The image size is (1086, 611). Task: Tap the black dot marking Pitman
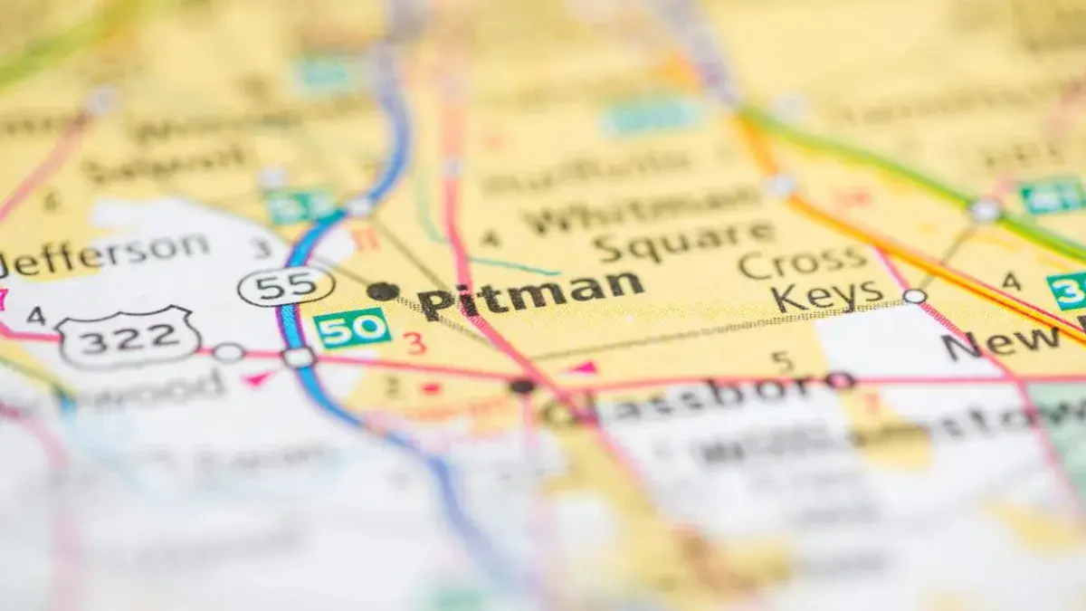[382, 291]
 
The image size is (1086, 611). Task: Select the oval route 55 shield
[286, 287]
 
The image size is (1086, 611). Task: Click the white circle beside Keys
[914, 296]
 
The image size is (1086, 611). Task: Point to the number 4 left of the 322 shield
[35, 316]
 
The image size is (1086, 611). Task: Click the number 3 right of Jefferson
[262, 248]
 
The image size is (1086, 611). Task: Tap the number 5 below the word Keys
[782, 362]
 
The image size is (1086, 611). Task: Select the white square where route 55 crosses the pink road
[298, 357]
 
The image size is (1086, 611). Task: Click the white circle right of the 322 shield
[228, 352]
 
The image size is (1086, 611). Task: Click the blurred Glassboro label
[697, 398]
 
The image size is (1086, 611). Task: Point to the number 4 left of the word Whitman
[490, 238]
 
